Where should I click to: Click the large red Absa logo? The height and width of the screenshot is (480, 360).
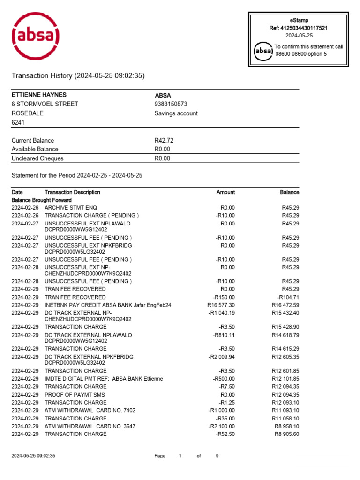pos(36,36)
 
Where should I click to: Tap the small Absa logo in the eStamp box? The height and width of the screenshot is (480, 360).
pos(263,50)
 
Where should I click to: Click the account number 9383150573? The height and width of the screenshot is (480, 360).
pos(171,104)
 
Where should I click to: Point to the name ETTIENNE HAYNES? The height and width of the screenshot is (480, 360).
pos(39,95)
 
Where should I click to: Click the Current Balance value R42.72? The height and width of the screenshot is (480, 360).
pos(164,140)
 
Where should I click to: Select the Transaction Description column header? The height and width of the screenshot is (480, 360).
pos(72,192)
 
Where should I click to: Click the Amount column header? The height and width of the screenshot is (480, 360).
pos(225,192)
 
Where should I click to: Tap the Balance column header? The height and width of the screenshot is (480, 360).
pos(289,192)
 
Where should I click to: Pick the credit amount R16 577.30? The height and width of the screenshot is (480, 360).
pos(221,305)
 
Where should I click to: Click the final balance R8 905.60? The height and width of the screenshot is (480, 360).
pos(286,434)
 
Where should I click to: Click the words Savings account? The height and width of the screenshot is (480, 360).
pos(176,113)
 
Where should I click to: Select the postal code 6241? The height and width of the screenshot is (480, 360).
pos(18,122)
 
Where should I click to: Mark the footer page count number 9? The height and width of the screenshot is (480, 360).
pos(217,456)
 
